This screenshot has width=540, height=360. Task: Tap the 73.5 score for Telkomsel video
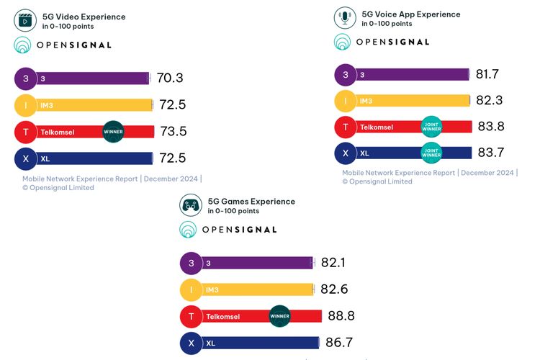[x=172, y=132]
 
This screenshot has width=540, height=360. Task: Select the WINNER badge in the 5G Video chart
[x=114, y=132]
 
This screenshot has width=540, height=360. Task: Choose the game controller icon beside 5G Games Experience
[x=191, y=206]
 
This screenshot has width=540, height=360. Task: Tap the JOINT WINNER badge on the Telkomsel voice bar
[x=431, y=127]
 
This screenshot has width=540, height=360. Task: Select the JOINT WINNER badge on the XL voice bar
[x=431, y=153]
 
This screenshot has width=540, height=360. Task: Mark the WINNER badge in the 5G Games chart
[x=279, y=316]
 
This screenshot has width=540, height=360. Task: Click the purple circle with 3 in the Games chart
[x=191, y=264]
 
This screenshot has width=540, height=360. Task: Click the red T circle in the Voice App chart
[x=346, y=127]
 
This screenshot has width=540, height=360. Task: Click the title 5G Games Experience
[x=251, y=202]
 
